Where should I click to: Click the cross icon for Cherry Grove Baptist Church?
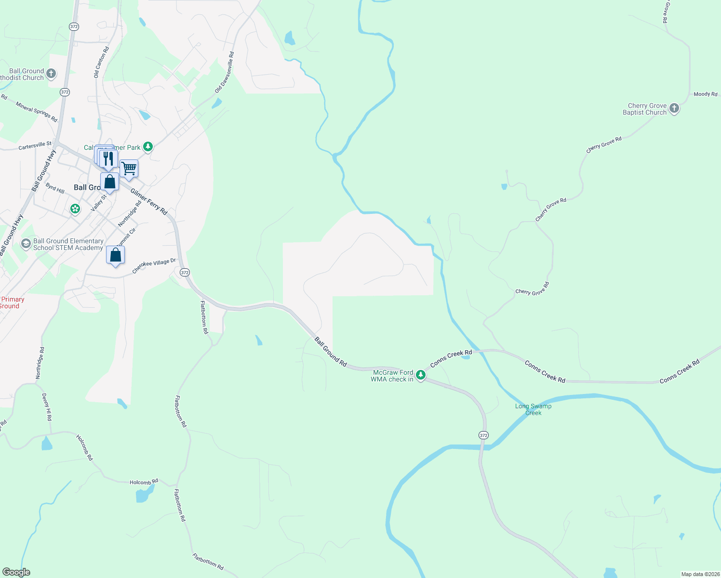tap(674, 108)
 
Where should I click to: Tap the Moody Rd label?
tap(705, 94)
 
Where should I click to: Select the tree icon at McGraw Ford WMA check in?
tap(421, 375)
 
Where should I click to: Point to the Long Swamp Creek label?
tap(533, 409)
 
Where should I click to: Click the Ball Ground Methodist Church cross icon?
tap(51, 74)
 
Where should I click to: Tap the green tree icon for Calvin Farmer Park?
tap(148, 147)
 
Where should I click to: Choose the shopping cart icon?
tap(129, 169)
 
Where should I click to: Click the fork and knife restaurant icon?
tap(109, 158)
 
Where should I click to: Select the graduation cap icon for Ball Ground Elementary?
tap(26, 244)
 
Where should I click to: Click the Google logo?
tap(16, 572)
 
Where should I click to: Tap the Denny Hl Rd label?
tap(46, 407)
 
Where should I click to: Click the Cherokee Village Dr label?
tap(154, 266)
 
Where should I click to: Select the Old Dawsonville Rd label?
tap(224, 72)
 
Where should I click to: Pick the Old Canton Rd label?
tap(101, 62)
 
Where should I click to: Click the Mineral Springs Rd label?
tap(37, 112)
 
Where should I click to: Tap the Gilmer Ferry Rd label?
tap(149, 201)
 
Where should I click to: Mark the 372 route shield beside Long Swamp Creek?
tap(483, 435)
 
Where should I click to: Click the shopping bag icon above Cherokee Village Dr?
tap(115, 255)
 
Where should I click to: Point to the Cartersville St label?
tap(35, 145)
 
